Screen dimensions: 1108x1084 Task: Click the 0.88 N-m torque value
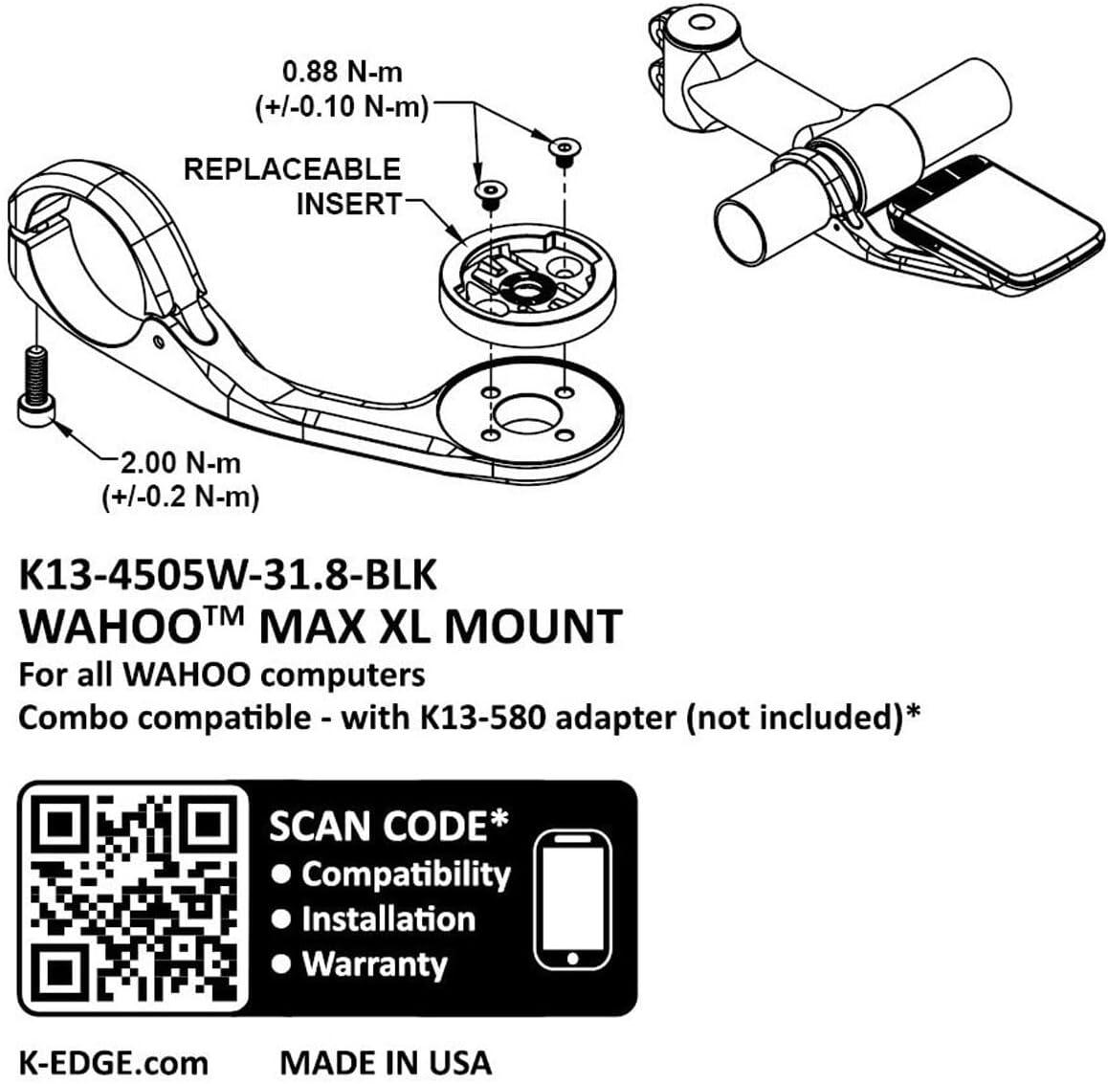(342, 72)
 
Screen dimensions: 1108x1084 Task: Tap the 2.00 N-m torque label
(181, 463)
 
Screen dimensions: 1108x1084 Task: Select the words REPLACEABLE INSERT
(293, 187)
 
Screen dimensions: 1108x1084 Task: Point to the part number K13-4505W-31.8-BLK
(228, 575)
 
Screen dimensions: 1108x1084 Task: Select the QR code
(135, 897)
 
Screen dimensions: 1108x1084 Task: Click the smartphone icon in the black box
(572, 899)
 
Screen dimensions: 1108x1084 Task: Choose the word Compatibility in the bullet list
(406, 874)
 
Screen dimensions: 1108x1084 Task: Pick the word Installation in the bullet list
(388, 919)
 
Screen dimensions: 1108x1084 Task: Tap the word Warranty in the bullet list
(374, 964)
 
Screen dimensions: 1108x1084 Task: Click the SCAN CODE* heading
(388, 826)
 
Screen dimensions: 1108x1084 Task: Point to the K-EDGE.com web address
(113, 1062)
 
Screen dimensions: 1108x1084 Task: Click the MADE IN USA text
(385, 1062)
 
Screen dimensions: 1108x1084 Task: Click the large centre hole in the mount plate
(523, 413)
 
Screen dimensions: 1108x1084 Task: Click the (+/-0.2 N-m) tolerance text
(181, 497)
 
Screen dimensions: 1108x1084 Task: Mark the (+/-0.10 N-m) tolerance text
(342, 107)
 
